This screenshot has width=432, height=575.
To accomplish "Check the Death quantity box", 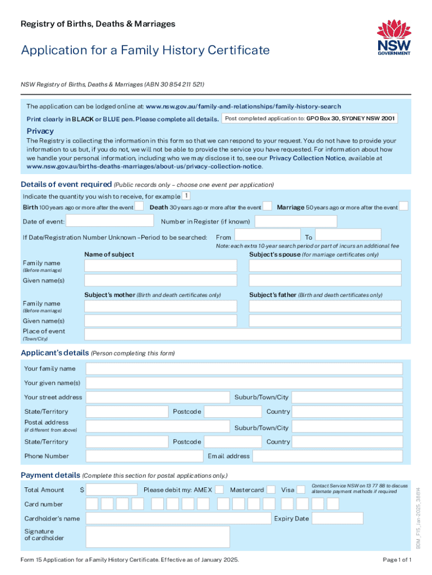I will pos(268,207).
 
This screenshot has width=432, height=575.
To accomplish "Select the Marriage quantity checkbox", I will pos(403,207).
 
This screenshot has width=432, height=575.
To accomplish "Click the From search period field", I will pos(266,235).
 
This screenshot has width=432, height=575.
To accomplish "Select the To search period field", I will pos(348,235).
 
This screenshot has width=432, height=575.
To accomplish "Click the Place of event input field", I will pos(243,334).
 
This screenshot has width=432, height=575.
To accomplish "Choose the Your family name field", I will pos(244,369).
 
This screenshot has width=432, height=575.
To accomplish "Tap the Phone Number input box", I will pos(143,456).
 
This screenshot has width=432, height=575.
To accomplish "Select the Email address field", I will pos(328,456).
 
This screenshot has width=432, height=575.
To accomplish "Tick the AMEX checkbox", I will pos(220,490).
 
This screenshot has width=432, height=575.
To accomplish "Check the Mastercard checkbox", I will pos(271,490).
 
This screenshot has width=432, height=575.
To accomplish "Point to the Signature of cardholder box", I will pos(158,536).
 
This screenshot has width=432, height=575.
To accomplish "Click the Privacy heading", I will pos(40,131).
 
